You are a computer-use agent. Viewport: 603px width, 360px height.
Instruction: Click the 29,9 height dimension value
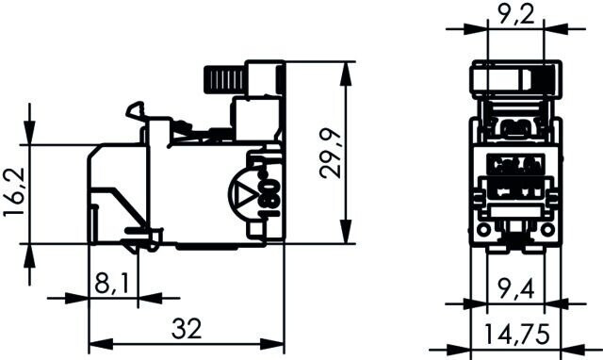(330, 154)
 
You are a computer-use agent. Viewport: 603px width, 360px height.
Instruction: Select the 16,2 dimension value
(14, 192)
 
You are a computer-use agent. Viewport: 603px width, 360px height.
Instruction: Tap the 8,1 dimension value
(111, 284)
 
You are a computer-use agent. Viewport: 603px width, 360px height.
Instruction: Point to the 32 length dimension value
(187, 329)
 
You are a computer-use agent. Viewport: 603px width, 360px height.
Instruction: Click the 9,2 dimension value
(516, 15)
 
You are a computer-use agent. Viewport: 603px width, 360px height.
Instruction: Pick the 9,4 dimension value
(515, 288)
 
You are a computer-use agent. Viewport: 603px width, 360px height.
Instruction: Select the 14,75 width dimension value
(516, 334)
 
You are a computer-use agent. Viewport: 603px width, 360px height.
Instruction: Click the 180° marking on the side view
(271, 192)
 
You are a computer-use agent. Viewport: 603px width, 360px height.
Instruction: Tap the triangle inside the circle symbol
(245, 195)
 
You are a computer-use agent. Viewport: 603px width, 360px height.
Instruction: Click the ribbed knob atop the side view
(223, 80)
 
